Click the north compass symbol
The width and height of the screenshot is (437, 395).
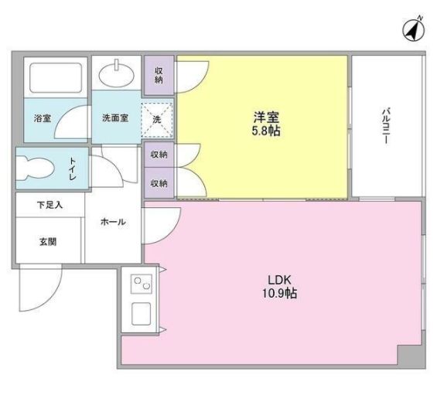(415, 29)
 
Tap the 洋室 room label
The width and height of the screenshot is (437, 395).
(266, 117)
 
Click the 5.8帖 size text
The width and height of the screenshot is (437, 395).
(266, 131)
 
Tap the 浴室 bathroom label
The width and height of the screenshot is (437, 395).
(42, 119)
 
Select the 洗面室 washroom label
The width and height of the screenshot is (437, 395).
(115, 119)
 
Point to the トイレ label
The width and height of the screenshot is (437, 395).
(72, 169)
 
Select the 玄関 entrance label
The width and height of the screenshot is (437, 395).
(48, 241)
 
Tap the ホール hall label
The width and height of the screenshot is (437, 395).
(113, 222)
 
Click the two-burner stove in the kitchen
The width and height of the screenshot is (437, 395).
(142, 286)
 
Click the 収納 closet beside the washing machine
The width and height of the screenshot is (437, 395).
(159, 75)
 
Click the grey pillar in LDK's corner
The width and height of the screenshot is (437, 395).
(411, 356)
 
